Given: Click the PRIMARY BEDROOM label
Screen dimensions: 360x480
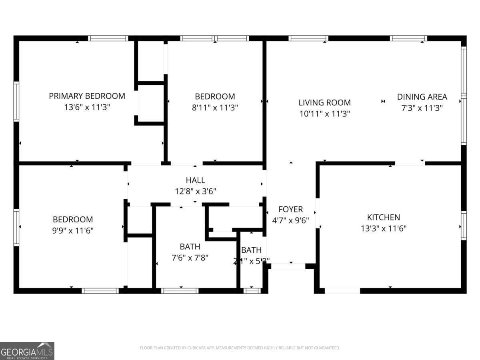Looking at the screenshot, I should [87, 96].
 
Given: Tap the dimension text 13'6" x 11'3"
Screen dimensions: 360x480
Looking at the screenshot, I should [87, 107].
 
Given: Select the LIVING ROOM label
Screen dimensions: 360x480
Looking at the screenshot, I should [324, 102].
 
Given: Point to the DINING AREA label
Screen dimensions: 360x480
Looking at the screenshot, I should [422, 97].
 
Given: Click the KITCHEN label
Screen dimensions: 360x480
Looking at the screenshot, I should [383, 217].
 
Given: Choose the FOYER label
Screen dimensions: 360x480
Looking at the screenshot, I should [290, 209].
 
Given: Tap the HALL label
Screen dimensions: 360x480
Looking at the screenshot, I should [195, 180].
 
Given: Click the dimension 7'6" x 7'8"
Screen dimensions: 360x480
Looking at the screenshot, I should [190, 258].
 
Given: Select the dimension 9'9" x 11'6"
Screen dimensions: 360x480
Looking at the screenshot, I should [73, 230].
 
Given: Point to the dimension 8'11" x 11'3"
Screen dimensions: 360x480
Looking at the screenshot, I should [215, 108].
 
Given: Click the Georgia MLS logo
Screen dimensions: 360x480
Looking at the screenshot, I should [27, 351].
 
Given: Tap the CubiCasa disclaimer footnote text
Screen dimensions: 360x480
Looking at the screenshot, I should [240, 348].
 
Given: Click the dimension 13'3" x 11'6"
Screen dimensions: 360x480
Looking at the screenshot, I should [383, 228].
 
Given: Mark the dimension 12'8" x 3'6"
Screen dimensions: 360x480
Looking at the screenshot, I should [195, 191].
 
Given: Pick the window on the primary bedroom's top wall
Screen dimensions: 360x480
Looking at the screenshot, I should [108, 38].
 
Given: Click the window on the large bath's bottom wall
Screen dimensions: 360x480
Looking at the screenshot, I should [180, 291].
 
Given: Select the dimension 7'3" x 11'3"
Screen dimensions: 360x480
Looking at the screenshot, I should [422, 108].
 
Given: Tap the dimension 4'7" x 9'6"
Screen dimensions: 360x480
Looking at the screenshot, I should [290, 220].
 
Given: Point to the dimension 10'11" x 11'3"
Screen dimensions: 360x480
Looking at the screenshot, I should [324, 114].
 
